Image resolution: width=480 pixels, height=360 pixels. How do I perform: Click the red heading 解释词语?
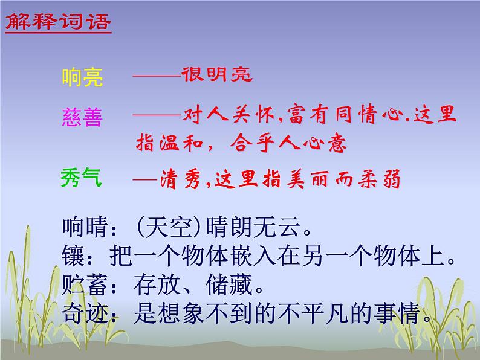tap(59, 22)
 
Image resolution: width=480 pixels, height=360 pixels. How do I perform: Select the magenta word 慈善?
tap(82, 117)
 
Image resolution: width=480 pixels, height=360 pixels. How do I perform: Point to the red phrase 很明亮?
tap(216, 75)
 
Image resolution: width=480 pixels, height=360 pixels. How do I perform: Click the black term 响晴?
tap(82, 228)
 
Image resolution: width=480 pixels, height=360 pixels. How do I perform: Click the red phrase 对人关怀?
tap(218, 115)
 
